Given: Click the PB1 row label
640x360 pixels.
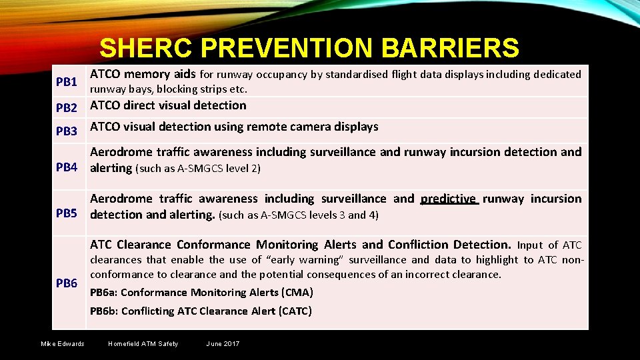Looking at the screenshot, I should click(x=67, y=82).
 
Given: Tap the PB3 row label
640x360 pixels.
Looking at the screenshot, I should click(x=67, y=131).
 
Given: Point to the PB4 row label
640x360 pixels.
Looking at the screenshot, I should click(x=67, y=167).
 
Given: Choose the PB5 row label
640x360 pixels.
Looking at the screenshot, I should click(x=67, y=214).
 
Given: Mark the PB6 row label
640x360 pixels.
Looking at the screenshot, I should click(x=67, y=283).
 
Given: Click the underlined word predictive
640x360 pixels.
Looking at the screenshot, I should click(x=449, y=199).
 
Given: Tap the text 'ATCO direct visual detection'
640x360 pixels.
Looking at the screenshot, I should click(x=168, y=105).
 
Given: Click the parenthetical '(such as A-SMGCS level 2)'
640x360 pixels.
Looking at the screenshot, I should click(x=198, y=169).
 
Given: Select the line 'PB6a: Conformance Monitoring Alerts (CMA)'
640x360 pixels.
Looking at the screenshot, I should click(x=201, y=293).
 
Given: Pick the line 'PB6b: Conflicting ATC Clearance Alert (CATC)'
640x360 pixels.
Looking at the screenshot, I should click(x=201, y=311).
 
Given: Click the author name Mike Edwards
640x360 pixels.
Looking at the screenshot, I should click(x=63, y=344).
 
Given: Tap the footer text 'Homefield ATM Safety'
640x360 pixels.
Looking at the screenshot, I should click(x=143, y=344).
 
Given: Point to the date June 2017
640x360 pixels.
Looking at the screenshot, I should click(x=223, y=344).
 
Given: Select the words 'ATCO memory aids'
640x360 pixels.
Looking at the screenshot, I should click(x=142, y=74).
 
